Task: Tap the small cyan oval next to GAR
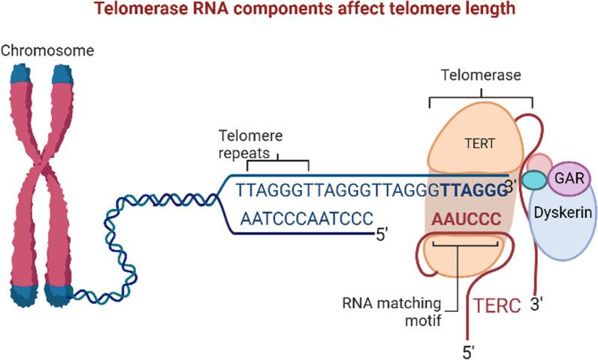pyautogui.click(x=535, y=181)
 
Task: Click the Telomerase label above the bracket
pyautogui.click(x=479, y=76)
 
